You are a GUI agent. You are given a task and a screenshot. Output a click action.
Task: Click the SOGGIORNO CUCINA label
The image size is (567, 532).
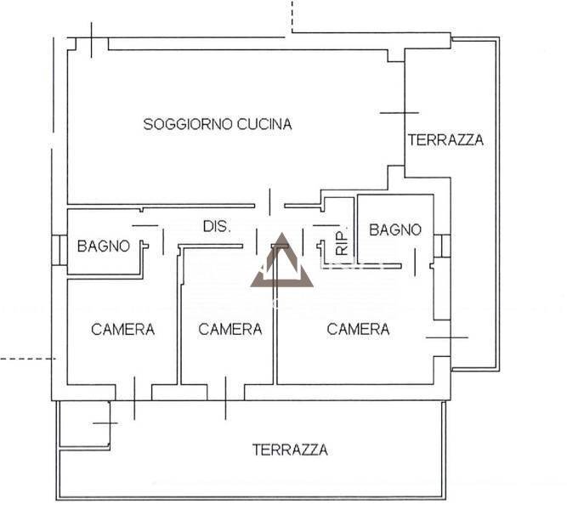click(218, 124)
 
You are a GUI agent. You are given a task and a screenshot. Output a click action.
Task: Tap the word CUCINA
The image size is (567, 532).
click(264, 124)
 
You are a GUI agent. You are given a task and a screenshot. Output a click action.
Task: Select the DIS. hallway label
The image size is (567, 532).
click(217, 227)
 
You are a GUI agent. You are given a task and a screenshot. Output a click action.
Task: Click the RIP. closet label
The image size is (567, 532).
click(342, 241)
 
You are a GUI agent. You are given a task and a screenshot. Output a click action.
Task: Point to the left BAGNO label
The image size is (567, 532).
click(104, 246)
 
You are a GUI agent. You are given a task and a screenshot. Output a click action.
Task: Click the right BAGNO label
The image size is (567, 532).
click(395, 229)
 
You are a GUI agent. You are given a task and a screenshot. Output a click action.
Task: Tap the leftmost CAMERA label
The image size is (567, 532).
click(123, 329)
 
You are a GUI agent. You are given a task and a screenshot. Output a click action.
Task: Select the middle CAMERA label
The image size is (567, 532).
click(230, 329)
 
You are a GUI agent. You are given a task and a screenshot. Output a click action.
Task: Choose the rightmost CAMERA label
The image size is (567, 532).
click(359, 329)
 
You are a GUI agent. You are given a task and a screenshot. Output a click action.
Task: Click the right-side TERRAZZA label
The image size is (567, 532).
click(445, 140)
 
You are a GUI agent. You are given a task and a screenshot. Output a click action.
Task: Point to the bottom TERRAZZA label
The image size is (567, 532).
click(290, 450)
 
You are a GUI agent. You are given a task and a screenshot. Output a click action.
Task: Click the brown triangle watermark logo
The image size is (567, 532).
click(282, 261)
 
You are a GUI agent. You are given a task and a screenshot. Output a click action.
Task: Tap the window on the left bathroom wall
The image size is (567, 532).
click(60, 250)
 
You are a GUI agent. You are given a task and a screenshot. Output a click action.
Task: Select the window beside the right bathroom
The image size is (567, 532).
click(442, 246)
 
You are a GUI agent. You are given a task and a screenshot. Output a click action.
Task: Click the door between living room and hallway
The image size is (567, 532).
click(269, 202)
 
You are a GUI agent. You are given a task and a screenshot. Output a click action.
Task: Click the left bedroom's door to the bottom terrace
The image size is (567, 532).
click(134, 398)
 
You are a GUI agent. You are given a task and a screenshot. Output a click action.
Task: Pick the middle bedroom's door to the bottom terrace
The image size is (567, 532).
click(225, 398)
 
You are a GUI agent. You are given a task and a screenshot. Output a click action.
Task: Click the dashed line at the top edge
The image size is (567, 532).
click(292, 17)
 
